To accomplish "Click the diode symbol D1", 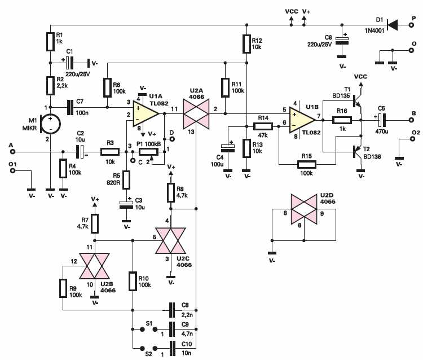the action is tap(392, 25).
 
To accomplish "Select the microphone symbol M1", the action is tap(50, 124).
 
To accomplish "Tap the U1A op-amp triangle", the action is tap(146, 114).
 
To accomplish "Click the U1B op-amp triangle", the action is tap(302, 120).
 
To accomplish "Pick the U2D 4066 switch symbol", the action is tap(304, 209).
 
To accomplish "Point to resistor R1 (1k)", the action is tap(50, 42).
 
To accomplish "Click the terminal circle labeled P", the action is tap(411, 25).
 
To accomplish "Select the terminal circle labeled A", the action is tap(12, 152).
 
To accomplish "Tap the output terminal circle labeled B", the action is tap(411, 120).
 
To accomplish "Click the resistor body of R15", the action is tap(307, 164).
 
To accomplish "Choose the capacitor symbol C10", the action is tap(172, 349).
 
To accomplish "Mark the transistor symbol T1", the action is tap(357, 102).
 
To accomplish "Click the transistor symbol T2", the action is tap(357, 152).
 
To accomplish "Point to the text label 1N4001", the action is tap(374, 31).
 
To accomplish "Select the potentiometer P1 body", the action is tap(149, 152).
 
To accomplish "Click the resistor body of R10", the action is tap(133, 282).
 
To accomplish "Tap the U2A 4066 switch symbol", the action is tap(196, 114).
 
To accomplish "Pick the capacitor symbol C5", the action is tap(382, 120).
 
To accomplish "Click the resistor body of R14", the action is tap(263, 126).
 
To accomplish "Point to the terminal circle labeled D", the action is tap(171, 139).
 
